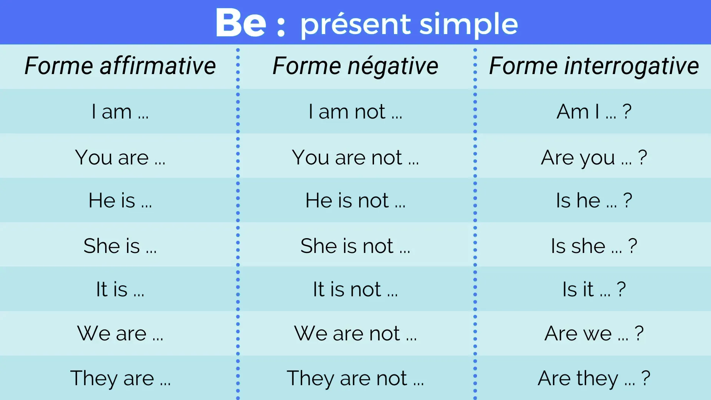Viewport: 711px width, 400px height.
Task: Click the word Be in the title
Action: click(241, 23)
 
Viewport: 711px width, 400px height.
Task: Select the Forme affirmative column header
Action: click(120, 66)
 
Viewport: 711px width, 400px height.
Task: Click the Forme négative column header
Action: click(355, 66)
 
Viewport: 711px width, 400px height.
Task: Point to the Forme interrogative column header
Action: click(594, 66)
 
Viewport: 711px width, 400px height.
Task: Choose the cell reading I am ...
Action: click(120, 111)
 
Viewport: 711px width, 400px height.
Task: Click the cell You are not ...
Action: click(355, 157)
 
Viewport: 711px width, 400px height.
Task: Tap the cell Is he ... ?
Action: click(594, 200)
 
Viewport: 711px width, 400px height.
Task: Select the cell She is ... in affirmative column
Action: click(120, 246)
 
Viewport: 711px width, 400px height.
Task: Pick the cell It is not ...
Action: click(355, 289)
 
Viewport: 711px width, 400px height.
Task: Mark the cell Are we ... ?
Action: click(594, 333)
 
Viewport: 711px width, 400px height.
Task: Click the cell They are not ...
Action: click(355, 378)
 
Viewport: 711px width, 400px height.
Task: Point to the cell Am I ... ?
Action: click(594, 111)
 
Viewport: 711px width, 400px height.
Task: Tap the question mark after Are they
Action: click(645, 378)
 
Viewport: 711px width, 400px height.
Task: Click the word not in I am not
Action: click(370, 112)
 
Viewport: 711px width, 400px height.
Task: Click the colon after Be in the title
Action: click(281, 26)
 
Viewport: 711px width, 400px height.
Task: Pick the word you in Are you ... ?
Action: click(597, 158)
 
